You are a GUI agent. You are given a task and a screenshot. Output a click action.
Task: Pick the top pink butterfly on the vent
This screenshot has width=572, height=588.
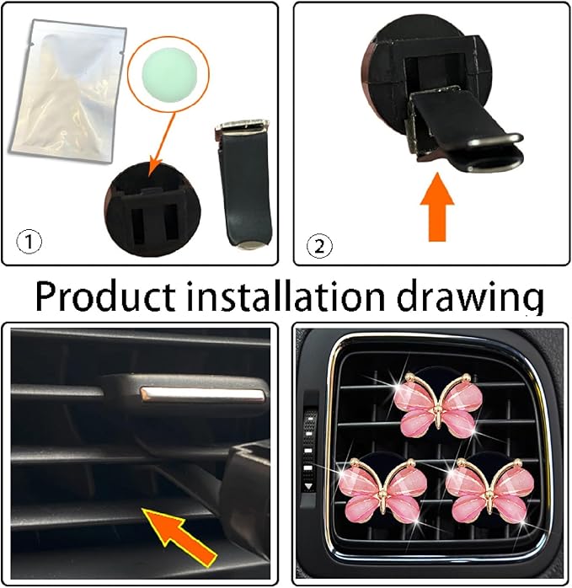(437, 404)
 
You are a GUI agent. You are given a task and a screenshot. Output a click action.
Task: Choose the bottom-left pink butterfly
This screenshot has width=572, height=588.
(378, 490)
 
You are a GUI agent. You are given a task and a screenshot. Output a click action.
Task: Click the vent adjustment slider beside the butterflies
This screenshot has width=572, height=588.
(310, 446)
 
